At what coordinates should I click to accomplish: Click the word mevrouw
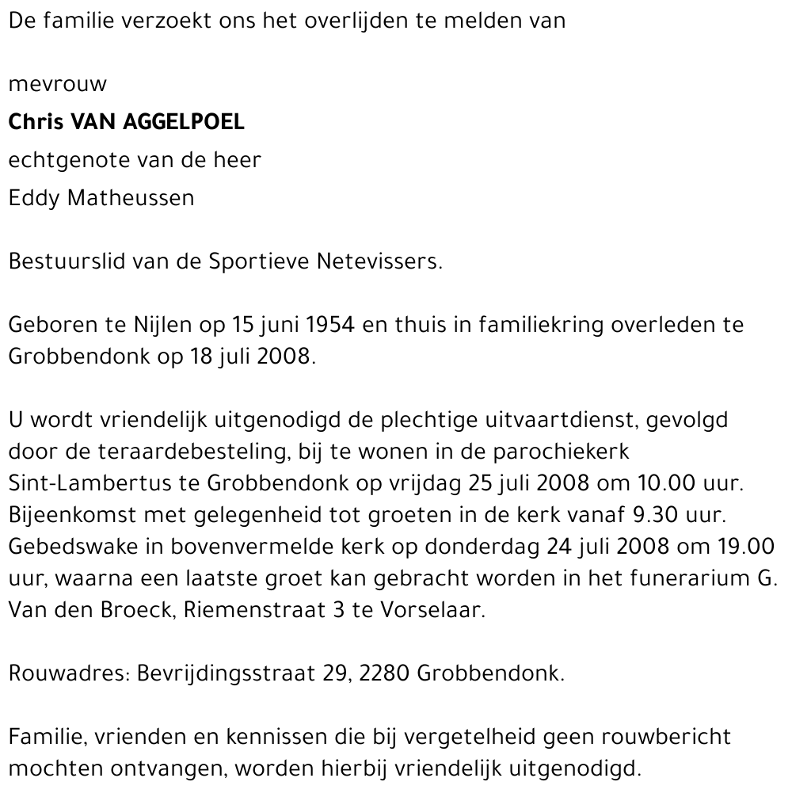tap(57, 84)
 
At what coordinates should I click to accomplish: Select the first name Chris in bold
tap(36, 122)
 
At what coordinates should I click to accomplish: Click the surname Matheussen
tap(131, 198)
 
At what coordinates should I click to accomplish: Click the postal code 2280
tap(384, 675)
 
